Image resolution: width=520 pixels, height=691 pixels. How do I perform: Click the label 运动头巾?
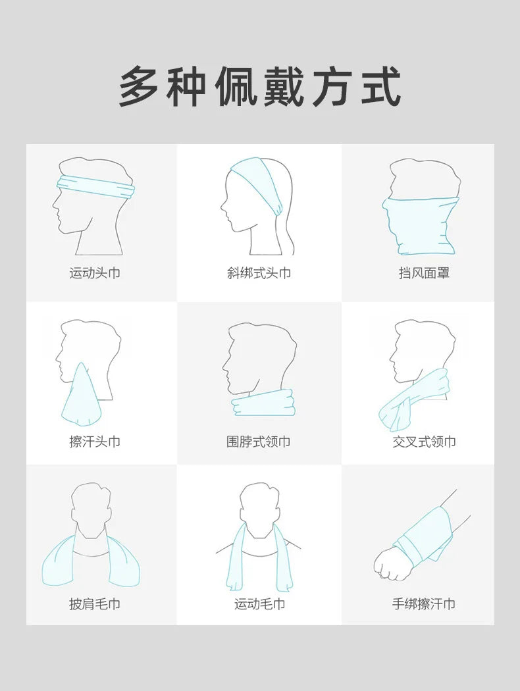[x=95, y=273]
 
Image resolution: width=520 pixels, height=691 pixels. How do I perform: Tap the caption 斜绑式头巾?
[x=259, y=273]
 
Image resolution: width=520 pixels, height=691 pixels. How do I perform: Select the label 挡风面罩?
[x=424, y=273]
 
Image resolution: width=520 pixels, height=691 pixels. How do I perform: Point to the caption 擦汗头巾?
[x=95, y=441]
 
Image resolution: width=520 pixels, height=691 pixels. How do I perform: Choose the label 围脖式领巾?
[x=258, y=441]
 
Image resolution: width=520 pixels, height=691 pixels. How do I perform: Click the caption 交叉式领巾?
[x=424, y=441]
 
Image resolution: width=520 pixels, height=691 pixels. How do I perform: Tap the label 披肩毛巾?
[x=95, y=603]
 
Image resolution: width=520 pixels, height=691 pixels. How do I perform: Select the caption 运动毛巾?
[x=259, y=603]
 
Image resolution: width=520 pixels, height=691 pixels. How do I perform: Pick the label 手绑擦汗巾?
[x=424, y=603]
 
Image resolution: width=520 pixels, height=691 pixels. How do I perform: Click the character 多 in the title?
[x=139, y=86]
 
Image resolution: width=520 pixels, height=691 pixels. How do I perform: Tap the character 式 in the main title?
[x=381, y=86]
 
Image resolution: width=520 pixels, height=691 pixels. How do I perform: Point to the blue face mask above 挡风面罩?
[x=420, y=226]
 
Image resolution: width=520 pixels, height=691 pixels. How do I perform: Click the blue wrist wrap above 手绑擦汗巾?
[x=424, y=536]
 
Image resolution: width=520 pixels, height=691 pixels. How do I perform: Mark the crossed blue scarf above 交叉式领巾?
[x=414, y=399]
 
